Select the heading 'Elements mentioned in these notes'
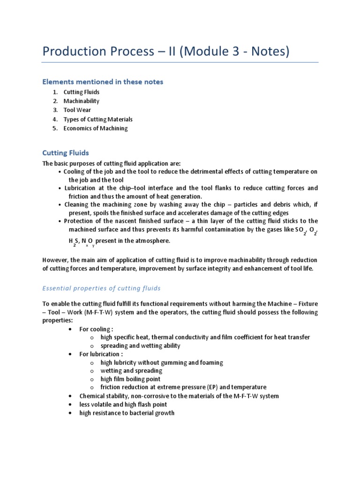point(103,82)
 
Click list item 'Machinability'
point(81,101)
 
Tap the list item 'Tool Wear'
point(77,110)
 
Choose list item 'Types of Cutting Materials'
point(98,119)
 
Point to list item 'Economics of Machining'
point(95,128)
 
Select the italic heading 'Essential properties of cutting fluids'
point(101,288)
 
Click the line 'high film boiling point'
point(130,379)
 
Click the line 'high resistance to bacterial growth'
point(127,413)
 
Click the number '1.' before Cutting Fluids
point(55,92)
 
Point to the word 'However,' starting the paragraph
point(55,260)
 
